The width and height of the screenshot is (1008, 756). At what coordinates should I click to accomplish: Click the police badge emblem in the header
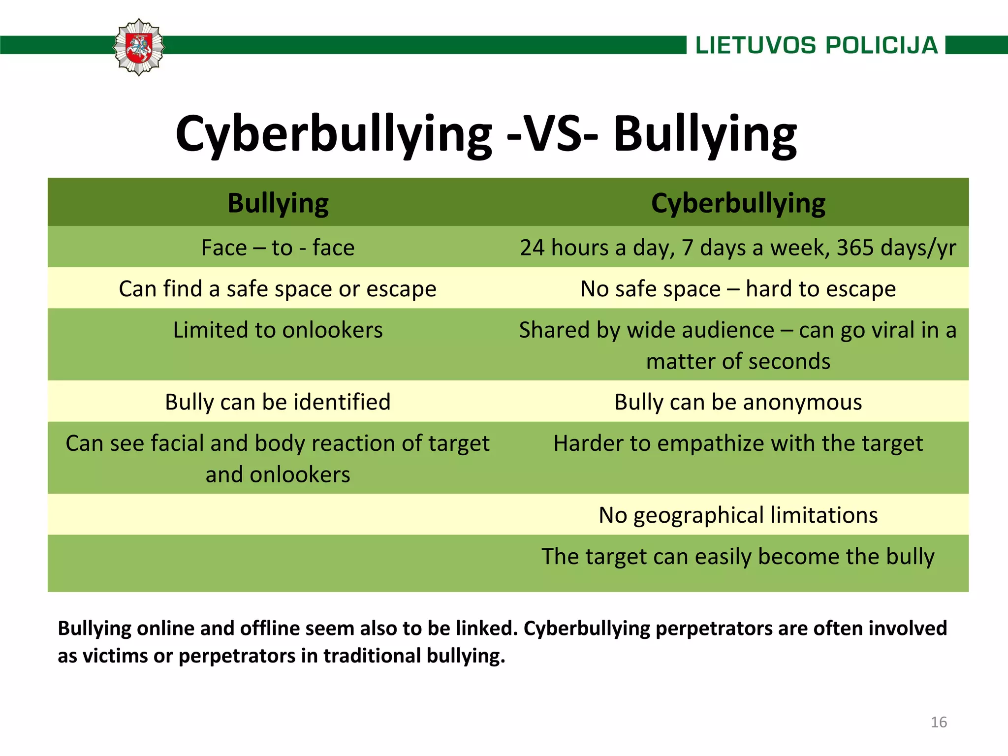[x=139, y=47]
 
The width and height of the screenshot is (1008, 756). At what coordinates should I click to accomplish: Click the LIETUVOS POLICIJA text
[x=817, y=45]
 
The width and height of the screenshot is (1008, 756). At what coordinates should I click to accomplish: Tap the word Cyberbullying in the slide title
[x=334, y=134]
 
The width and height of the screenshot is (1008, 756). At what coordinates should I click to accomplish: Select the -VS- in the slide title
[x=552, y=134]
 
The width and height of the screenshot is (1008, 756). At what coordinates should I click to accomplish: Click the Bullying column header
[x=278, y=203]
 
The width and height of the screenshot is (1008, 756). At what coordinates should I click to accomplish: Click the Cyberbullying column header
[x=738, y=203]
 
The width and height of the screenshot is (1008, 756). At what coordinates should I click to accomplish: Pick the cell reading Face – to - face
[x=278, y=248]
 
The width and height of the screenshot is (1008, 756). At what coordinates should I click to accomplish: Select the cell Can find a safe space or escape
[x=278, y=289]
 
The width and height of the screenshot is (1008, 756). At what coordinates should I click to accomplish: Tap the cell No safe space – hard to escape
[x=738, y=289]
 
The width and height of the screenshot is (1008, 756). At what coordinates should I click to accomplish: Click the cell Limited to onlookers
[x=278, y=330]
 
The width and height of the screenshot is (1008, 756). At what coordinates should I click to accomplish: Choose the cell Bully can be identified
[x=278, y=402]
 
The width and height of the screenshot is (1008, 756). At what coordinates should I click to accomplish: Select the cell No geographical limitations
[x=738, y=515]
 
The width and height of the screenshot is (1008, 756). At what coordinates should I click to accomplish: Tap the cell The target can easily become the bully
[x=738, y=557]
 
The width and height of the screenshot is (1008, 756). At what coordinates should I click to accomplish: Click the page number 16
[x=939, y=722]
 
